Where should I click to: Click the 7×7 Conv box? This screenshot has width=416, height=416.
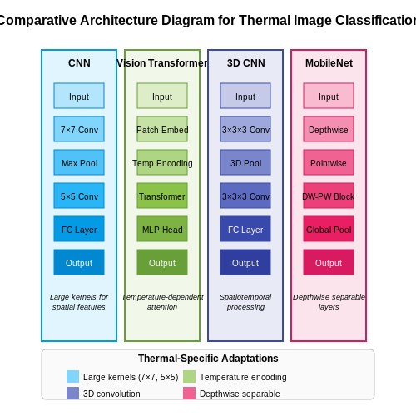[79, 129]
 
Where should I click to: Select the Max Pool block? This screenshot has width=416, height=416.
[79, 162]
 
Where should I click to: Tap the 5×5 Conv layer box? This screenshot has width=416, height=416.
[79, 196]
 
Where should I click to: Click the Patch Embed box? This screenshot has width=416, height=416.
[162, 129]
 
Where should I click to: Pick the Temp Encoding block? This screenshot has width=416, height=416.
[162, 162]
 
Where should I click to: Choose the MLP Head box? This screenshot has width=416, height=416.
[162, 229]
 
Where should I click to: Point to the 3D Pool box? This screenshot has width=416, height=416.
[245, 162]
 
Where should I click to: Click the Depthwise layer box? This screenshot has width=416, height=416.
[329, 129]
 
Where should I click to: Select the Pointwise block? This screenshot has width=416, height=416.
[329, 162]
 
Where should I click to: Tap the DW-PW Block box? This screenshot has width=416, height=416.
[329, 196]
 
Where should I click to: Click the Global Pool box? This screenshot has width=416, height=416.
[329, 229]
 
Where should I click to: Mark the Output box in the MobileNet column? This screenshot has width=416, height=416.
[329, 262]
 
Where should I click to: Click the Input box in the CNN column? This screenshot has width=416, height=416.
[79, 96]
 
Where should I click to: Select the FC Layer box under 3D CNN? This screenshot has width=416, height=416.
[245, 229]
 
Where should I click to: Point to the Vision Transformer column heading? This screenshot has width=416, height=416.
[162, 63]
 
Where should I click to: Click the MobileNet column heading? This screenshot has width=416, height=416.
[329, 63]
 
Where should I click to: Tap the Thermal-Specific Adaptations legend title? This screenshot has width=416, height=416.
[208, 359]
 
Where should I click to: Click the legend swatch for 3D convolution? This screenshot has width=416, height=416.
[72, 393]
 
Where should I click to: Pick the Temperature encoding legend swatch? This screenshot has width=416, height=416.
[189, 376]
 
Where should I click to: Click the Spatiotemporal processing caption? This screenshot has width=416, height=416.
[245, 302]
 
